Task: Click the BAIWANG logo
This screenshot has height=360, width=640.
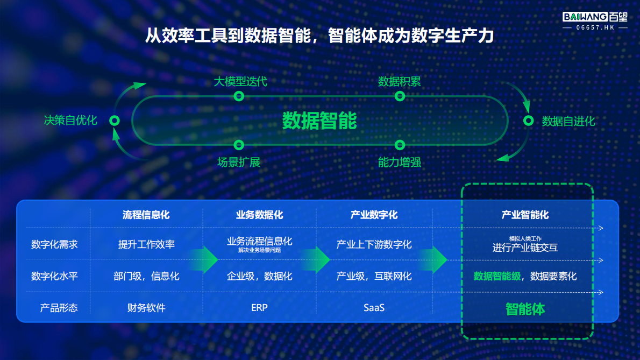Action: pos(595,17)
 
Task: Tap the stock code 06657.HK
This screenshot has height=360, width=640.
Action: pos(595,27)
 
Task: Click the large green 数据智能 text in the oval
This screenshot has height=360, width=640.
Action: pos(319,121)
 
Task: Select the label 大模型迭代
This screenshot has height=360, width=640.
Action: pos(240,82)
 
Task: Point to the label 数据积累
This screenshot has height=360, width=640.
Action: pos(399,82)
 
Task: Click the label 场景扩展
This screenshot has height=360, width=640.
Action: pos(239,162)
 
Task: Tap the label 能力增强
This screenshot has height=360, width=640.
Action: pos(399,162)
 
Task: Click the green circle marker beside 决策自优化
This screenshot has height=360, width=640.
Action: pos(114,121)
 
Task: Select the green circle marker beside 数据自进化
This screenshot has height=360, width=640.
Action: pos(528,121)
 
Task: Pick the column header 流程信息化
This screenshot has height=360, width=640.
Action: pos(146,215)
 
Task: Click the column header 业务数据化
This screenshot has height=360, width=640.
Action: pos(259,215)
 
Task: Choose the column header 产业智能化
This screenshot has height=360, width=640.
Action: pos(525,215)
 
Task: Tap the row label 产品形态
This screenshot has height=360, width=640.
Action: pos(59,308)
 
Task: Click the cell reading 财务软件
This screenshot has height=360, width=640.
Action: pos(146,308)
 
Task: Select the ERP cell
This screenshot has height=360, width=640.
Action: pos(259,308)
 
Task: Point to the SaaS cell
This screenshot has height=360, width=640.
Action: pos(374,308)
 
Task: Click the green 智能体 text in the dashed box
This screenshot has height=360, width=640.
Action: pos(525,309)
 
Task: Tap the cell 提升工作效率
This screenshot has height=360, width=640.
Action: pos(146,244)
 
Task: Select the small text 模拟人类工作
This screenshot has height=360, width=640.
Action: pos(525,238)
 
